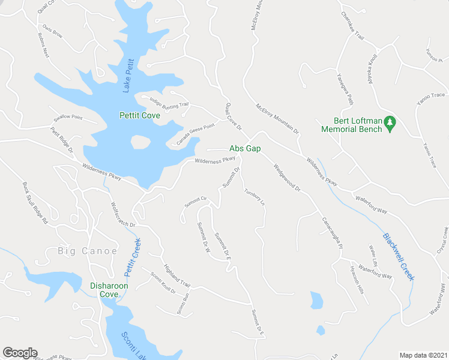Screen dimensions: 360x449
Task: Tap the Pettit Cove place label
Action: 139,115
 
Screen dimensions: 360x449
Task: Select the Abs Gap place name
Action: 245,149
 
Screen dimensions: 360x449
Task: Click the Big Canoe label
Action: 87,251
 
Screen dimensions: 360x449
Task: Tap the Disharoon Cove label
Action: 109,290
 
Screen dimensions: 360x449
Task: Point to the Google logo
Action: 20,353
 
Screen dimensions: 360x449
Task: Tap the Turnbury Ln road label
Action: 255,198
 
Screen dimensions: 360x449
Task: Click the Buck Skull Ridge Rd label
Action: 35,203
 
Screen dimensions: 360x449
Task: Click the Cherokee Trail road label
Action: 353,26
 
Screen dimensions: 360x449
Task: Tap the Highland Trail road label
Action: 176,275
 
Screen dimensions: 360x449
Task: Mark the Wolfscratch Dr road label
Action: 124,214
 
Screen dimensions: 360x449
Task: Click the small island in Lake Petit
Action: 140,142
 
